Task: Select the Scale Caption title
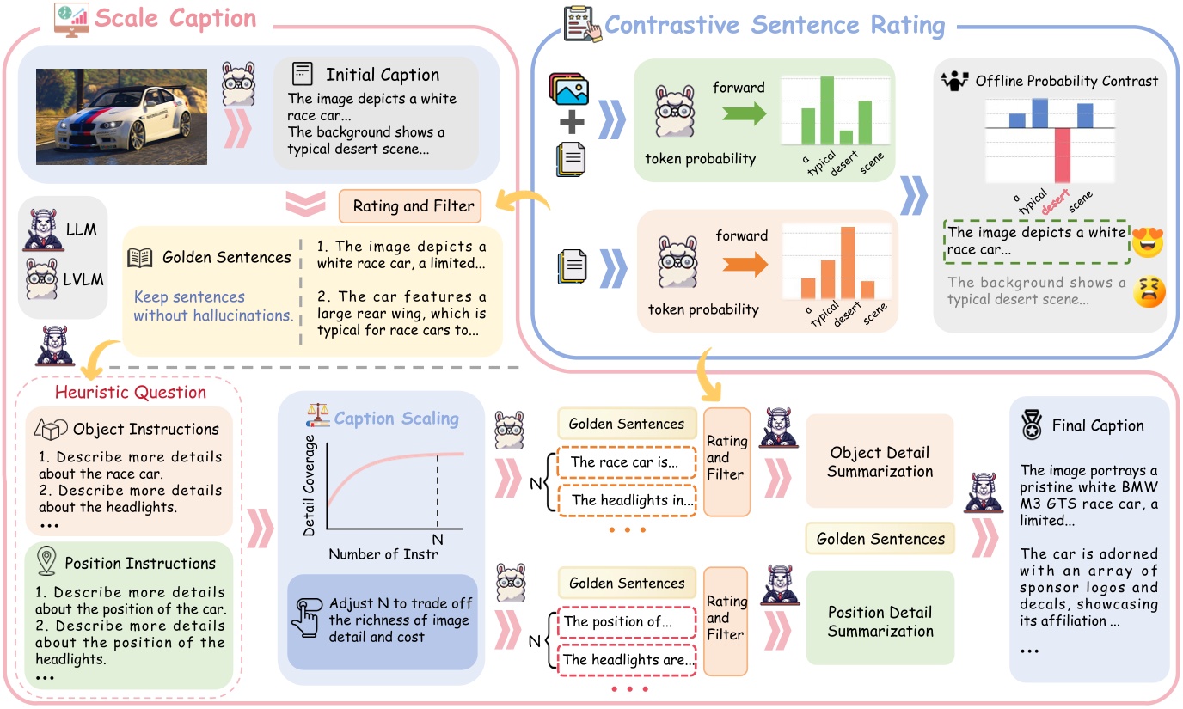click(x=176, y=18)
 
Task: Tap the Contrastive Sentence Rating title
click(x=774, y=25)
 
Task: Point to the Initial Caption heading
click(x=382, y=75)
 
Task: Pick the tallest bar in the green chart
click(x=828, y=110)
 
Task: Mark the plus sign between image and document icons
click(x=571, y=122)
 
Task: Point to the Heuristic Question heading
click(x=130, y=392)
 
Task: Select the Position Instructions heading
click(x=139, y=564)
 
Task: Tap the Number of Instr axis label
click(x=383, y=554)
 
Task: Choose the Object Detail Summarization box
click(x=880, y=461)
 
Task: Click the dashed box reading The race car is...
click(x=625, y=462)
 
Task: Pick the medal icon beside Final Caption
click(x=1031, y=425)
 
